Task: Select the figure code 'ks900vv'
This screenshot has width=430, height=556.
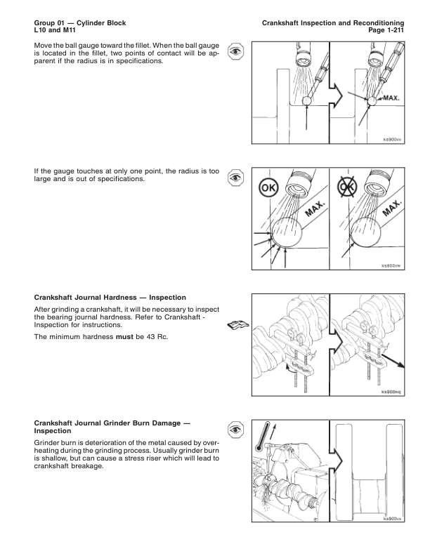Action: pos(391,139)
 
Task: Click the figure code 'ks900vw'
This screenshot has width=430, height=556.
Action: pos(391,266)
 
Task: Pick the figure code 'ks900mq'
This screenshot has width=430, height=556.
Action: pos(391,392)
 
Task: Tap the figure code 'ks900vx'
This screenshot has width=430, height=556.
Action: pos(391,519)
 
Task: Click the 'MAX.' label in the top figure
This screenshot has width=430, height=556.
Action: pos(391,98)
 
